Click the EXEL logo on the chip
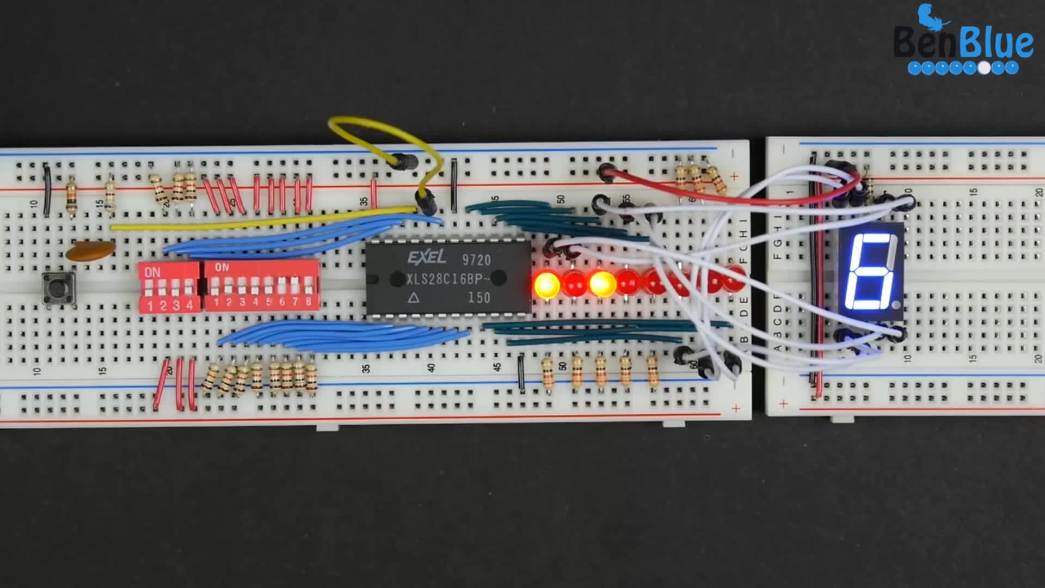tap(427, 257)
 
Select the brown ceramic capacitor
tap(90, 250)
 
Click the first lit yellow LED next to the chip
tap(546, 285)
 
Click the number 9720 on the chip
tap(476, 260)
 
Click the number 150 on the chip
tap(479, 298)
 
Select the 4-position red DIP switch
tap(169, 287)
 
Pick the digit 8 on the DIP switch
tap(309, 302)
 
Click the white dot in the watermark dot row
tap(984, 68)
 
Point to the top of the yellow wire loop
tap(370, 121)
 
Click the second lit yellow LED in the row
tap(602, 284)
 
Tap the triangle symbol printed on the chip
tap(414, 298)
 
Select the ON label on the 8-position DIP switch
tap(222, 267)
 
